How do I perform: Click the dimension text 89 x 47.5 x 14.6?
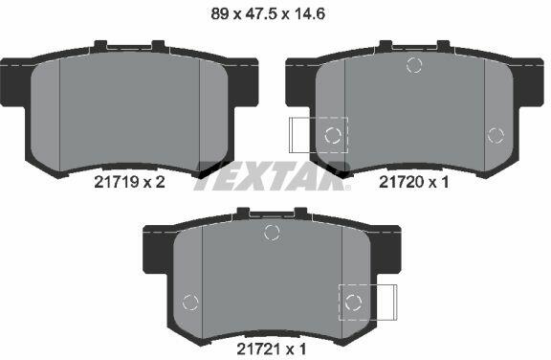pyautogui.click(x=268, y=14)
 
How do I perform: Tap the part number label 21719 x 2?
pyautogui.click(x=129, y=182)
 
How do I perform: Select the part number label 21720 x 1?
pyautogui.click(x=413, y=182)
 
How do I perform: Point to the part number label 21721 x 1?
pyautogui.click(x=272, y=349)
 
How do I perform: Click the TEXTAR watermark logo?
pyautogui.click(x=273, y=176)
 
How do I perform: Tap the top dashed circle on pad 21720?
pyautogui.click(x=414, y=65)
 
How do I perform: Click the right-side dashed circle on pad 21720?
pyautogui.click(x=496, y=135)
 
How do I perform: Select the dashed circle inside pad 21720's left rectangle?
pyautogui.click(x=333, y=135)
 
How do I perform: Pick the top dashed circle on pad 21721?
pyautogui.click(x=272, y=233)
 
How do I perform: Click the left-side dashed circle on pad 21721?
pyautogui.click(x=190, y=303)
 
